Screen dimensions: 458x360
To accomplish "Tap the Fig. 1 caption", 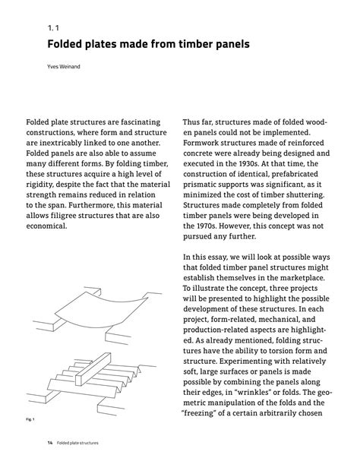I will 30,419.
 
